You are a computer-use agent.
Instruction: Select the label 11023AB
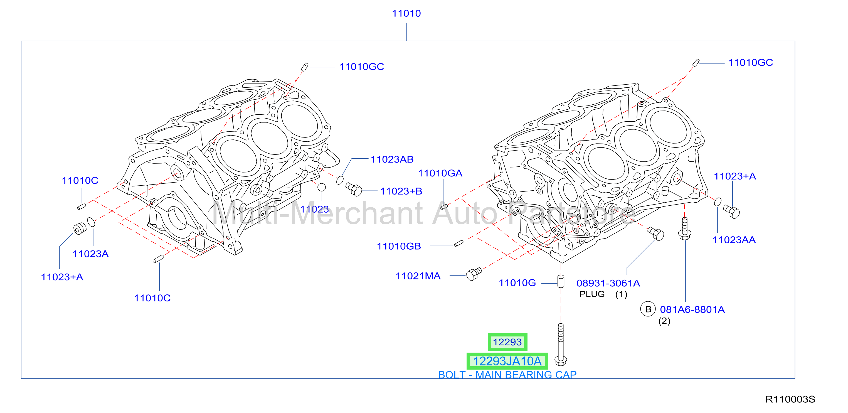click(392, 159)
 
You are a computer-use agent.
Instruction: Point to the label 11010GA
click(440, 173)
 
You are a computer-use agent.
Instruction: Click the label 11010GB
click(399, 246)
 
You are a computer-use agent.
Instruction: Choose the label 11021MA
click(418, 276)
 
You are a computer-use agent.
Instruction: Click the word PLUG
click(592, 294)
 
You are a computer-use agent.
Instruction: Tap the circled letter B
click(648, 309)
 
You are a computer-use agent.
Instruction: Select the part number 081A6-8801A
click(692, 309)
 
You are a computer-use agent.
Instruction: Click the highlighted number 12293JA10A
click(507, 361)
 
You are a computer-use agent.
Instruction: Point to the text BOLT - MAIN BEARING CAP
click(507, 375)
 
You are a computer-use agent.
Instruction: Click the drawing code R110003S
click(790, 399)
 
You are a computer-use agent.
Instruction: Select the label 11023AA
click(734, 240)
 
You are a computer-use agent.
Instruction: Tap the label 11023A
click(90, 254)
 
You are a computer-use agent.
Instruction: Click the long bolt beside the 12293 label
click(561, 345)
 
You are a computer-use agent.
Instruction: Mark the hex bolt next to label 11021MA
click(474, 274)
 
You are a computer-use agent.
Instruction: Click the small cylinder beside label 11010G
click(561, 281)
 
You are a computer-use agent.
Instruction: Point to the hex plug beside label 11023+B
click(354, 189)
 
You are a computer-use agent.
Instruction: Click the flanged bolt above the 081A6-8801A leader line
click(685, 228)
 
